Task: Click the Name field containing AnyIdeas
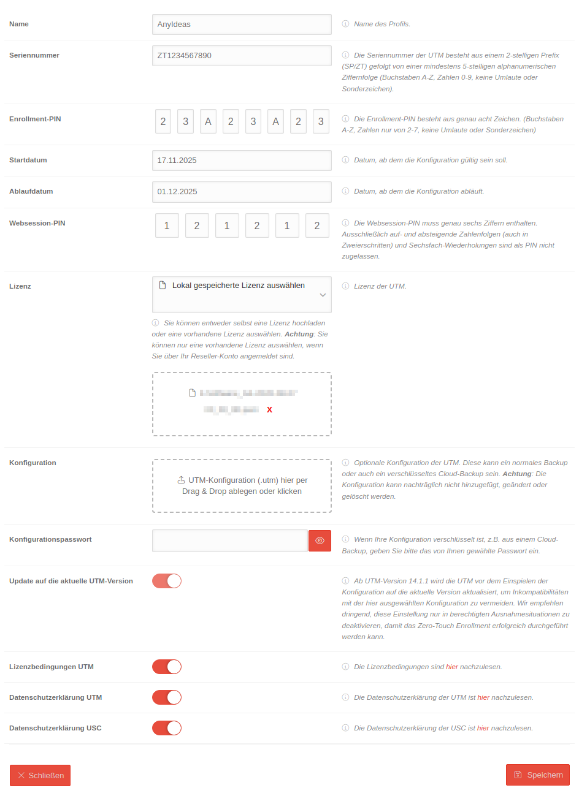(241, 25)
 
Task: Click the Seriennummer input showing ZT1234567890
(241, 56)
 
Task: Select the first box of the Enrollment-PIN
(163, 121)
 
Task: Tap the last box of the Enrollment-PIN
(321, 121)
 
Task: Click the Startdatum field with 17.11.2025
(241, 161)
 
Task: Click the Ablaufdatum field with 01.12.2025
(241, 192)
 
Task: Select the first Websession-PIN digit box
(167, 226)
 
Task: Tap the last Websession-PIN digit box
(317, 226)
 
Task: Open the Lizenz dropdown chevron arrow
(323, 295)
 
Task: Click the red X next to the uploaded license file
(269, 409)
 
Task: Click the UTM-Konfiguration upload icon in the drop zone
(181, 480)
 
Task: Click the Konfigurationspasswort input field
(229, 541)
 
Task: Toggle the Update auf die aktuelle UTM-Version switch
(167, 581)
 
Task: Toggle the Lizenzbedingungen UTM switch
(167, 667)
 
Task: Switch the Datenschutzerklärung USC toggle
(167, 728)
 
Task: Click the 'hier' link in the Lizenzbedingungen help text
(452, 667)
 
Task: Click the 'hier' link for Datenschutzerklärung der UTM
(483, 697)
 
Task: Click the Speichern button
(537, 775)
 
